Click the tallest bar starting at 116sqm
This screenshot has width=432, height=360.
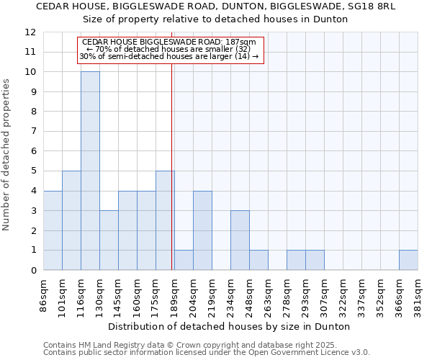[x=90, y=171]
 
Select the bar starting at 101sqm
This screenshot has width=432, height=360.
[x=71, y=220]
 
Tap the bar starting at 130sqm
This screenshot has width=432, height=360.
[x=109, y=240]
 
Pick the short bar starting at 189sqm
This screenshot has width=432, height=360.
[x=184, y=260]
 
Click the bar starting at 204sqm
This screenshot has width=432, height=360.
[x=202, y=230]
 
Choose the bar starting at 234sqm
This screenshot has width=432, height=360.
[x=240, y=240]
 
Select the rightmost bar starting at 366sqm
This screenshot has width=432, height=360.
[x=408, y=260]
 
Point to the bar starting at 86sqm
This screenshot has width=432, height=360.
[x=53, y=230]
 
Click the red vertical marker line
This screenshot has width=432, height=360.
[x=171, y=180]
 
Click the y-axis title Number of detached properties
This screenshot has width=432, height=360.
[x=7, y=155]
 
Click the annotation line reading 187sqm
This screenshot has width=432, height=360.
[x=169, y=42]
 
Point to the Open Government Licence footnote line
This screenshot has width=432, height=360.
[x=207, y=353]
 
